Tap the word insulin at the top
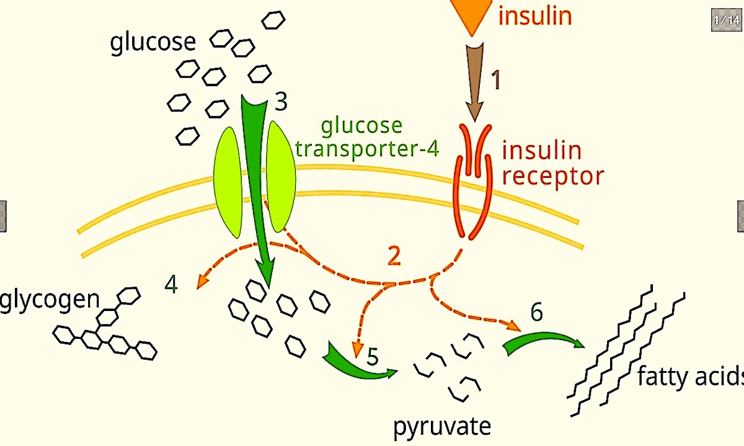coord(534,15)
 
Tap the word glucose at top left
coord(153,43)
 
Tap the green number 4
coord(172,286)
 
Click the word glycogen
coord(50,299)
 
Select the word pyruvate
coord(441,426)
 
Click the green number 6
coord(536,313)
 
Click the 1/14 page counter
coord(726,20)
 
